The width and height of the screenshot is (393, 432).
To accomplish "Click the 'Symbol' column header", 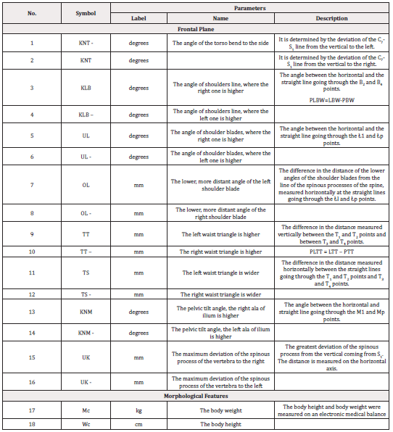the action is (x=86, y=13).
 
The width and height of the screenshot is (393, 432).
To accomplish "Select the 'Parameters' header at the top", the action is (x=249, y=8).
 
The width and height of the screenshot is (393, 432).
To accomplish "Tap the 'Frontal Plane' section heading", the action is (x=196, y=30).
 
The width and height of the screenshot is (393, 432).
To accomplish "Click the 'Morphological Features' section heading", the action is (x=196, y=398).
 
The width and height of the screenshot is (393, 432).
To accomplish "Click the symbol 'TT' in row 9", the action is (x=86, y=234).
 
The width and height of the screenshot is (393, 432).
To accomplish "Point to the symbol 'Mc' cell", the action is (x=86, y=411).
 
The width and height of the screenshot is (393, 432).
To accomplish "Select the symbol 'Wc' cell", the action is (x=86, y=424).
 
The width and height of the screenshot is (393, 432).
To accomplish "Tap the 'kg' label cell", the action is (x=138, y=411).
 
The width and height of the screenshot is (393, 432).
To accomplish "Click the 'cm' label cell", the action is (x=138, y=424).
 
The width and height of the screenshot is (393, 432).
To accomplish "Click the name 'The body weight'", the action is (x=220, y=411).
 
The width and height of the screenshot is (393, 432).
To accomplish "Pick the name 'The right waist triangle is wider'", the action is (x=220, y=294).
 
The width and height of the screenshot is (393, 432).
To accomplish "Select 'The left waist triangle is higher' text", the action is (x=220, y=234).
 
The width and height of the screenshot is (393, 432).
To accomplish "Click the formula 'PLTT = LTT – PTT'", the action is (x=331, y=252).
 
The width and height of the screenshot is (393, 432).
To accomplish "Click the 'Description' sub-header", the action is (x=331, y=18).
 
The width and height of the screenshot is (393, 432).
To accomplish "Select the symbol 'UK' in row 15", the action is (x=86, y=357).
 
